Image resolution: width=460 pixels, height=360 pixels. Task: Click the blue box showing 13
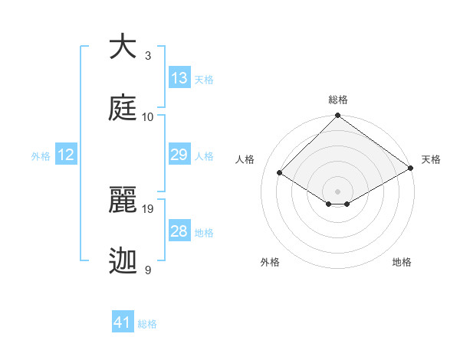tap(179, 78)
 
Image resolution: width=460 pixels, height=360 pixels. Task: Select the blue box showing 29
tap(179, 155)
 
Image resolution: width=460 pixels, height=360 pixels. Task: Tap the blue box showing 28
tap(179, 231)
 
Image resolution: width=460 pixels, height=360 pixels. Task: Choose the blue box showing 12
tap(66, 155)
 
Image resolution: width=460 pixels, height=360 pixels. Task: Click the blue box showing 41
tap(123, 322)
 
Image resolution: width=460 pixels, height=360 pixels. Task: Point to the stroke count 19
tap(149, 208)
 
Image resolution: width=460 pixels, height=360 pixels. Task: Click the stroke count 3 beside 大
tap(148, 56)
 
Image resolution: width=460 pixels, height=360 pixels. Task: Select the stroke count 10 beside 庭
tap(148, 116)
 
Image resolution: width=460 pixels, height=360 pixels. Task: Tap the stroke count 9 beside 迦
tap(148, 270)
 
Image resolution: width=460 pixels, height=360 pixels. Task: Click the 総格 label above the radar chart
tap(338, 100)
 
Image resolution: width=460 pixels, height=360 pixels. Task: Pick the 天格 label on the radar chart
tap(431, 159)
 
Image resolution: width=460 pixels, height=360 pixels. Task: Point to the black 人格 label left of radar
tap(245, 159)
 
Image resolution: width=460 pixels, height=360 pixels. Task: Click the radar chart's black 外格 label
tap(270, 262)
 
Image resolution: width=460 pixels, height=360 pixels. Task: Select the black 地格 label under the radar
tap(402, 262)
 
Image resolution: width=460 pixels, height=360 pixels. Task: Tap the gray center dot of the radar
tap(338, 191)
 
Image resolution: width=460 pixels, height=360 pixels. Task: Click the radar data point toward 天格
tap(411, 168)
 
